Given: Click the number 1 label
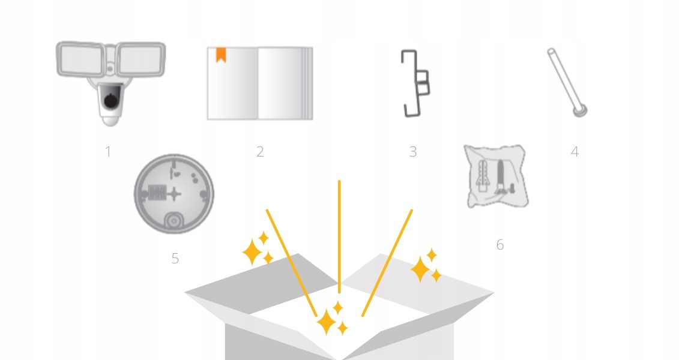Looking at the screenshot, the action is pos(108,152).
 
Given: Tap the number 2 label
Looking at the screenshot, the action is pos(260,152).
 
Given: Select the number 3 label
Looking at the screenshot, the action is pos(412,152).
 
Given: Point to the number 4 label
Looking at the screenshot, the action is pos(575,152).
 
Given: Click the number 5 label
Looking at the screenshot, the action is pos(175,259).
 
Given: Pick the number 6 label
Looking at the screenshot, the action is pos(499,245).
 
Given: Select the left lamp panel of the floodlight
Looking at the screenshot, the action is pos(80,59).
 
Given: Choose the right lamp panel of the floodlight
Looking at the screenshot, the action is pos(140,60).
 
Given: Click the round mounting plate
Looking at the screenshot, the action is pos(174,194).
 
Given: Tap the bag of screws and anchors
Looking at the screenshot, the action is pos(497,176).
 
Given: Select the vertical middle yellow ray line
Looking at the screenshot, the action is pos(340,237).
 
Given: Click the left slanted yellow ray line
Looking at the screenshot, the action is pos(291,263).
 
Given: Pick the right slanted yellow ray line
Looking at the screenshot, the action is pos(387,263).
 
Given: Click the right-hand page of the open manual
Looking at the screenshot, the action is pos(285,83).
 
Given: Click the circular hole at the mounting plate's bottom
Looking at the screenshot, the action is pos(174,221).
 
